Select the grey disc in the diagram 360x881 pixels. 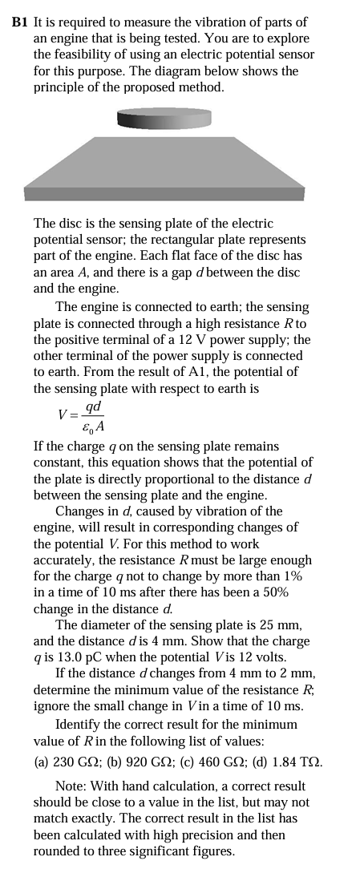coord(164,119)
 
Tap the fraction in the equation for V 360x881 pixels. coord(95,414)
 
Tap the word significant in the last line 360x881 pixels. coord(165,850)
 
